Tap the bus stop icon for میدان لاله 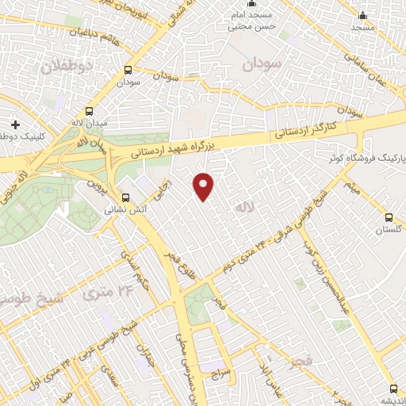88,111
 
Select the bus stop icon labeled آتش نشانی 125,198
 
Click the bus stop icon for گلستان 388,216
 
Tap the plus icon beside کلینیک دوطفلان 16,124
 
